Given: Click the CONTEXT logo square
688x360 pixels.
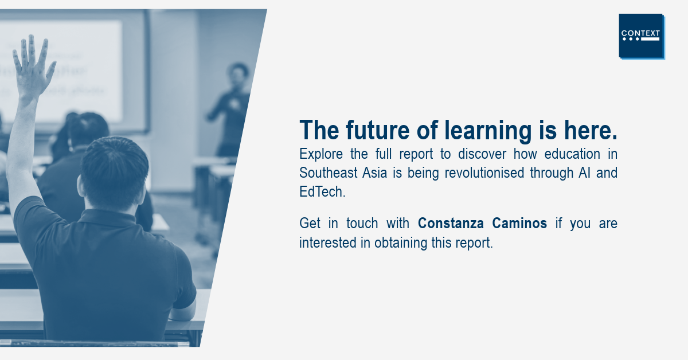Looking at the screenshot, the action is [x=642, y=36].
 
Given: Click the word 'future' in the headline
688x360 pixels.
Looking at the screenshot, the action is [x=377, y=130].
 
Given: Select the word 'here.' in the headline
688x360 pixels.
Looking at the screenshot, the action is [x=591, y=130].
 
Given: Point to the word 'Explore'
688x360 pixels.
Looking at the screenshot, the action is [x=321, y=154].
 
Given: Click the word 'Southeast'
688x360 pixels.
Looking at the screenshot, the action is [x=327, y=173].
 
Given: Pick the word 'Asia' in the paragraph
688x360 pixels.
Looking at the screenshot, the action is [x=374, y=173].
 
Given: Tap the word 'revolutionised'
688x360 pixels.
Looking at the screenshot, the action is [x=484, y=173].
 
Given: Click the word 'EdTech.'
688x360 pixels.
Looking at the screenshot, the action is [x=322, y=191].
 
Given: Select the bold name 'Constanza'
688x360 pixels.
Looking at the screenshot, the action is [x=451, y=224].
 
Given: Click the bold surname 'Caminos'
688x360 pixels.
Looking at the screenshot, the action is [x=519, y=224].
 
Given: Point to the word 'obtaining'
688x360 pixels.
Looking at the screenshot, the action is [x=401, y=243].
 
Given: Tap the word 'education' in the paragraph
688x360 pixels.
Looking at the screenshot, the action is [x=572, y=154].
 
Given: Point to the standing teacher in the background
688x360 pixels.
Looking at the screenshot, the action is [x=231, y=110].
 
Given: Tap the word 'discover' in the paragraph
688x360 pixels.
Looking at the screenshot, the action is [x=482, y=154].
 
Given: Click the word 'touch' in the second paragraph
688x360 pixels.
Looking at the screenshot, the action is [x=362, y=224].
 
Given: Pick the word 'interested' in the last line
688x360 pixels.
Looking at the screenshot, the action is [x=329, y=243].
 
